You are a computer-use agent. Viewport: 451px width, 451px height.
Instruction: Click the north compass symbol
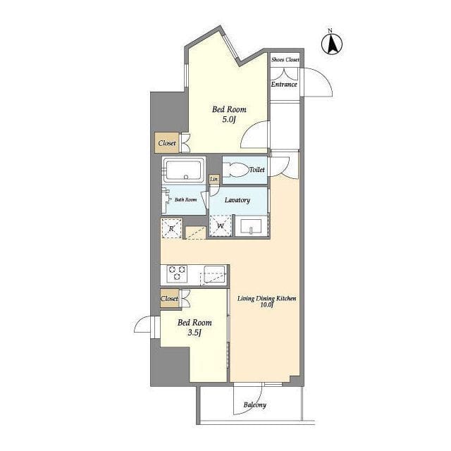pos(332,43)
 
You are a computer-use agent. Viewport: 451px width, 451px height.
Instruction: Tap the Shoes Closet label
pos(285,60)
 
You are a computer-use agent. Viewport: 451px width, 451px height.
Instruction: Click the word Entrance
pos(284,85)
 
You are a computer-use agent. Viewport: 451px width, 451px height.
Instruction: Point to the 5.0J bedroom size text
pos(229,119)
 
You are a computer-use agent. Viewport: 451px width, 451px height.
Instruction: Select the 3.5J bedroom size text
pos(194,333)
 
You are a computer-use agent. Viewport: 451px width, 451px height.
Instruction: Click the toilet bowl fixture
pos(236,170)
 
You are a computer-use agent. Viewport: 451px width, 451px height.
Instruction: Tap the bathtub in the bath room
pos(184,170)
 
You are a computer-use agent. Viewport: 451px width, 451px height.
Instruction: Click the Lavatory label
pos(237,200)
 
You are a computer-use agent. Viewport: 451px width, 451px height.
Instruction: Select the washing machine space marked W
pos(221,225)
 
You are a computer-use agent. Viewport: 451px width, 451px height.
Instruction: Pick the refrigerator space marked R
pos(171,228)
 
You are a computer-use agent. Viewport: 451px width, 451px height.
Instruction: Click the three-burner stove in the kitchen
pos(177,273)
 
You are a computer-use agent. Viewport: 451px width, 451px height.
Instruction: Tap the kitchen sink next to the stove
pos(214,274)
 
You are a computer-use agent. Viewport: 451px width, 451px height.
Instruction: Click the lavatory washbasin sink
pos(251,226)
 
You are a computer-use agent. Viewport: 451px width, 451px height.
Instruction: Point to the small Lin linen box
pos(214,179)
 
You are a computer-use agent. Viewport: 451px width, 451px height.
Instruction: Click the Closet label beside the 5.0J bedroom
pos(167,143)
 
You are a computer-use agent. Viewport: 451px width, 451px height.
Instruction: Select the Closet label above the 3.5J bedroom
pos(169,299)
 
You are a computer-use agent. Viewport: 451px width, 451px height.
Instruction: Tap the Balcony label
pos(255,405)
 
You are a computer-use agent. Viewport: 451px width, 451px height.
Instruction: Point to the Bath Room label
pos(186,199)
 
